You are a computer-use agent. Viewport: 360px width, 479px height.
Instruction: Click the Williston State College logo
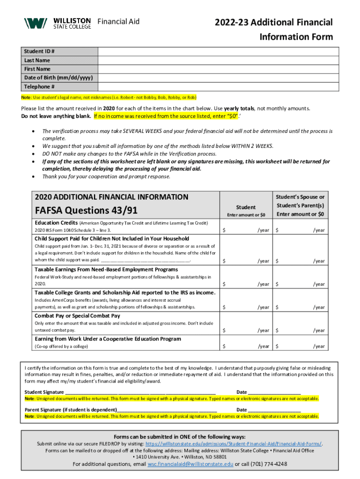tap(58, 22)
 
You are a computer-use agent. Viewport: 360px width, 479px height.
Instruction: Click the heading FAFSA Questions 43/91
tap(86, 210)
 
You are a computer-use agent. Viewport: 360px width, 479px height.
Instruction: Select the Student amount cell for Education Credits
tap(246, 230)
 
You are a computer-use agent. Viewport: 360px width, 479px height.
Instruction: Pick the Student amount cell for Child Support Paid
tap(246, 261)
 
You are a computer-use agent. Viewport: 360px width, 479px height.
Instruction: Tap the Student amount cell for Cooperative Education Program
tap(246, 346)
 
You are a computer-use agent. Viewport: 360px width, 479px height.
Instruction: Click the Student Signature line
tap(140, 392)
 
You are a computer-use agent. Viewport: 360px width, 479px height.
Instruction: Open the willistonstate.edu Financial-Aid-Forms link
tap(234, 443)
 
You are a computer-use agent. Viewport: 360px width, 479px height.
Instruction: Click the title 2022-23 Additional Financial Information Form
tap(274, 29)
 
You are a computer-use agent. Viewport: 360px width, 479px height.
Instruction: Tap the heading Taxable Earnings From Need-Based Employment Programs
tap(106, 269)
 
